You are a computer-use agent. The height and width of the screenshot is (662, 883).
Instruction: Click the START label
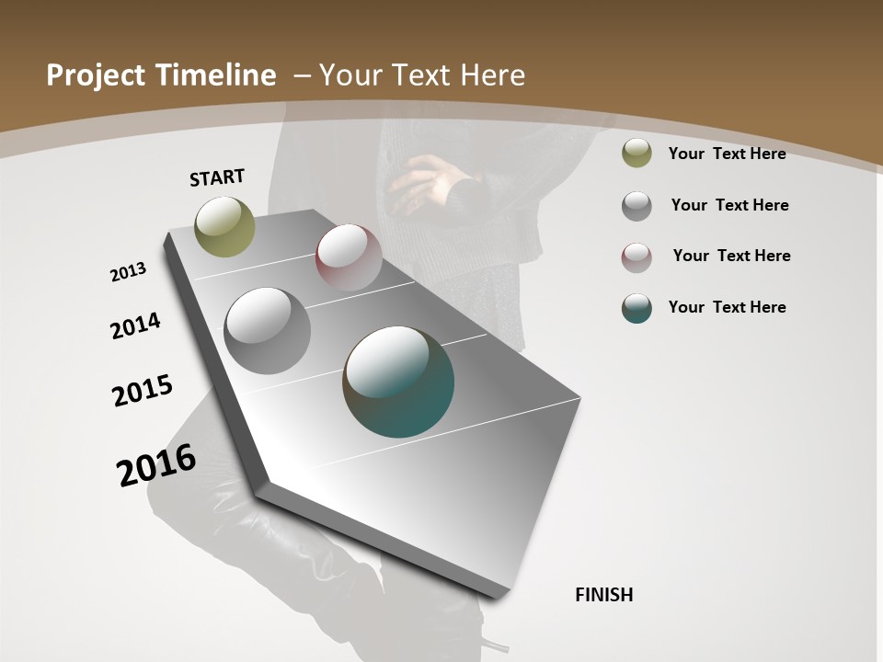click(217, 177)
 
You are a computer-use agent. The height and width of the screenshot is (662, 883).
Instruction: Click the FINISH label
click(604, 595)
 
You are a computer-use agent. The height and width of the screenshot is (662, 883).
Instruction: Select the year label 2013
click(128, 272)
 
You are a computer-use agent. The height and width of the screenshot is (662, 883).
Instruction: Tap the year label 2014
click(135, 325)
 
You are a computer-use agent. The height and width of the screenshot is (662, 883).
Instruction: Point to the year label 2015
click(143, 391)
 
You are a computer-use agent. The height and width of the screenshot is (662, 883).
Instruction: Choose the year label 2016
click(156, 465)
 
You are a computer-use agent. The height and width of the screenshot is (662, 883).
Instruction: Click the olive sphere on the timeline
click(224, 226)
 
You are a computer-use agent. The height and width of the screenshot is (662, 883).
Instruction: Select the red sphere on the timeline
click(349, 257)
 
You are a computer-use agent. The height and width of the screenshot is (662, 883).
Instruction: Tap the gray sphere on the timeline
click(267, 331)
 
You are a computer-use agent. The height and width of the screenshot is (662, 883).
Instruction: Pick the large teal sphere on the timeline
click(398, 382)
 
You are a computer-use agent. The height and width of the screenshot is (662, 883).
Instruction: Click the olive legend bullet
click(636, 154)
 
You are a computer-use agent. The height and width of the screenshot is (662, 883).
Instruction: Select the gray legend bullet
click(636, 206)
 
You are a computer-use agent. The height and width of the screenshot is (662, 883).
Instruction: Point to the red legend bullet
click(636, 257)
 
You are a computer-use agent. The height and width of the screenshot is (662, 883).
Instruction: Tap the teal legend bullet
click(636, 308)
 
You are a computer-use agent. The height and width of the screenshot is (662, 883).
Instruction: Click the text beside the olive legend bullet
click(727, 154)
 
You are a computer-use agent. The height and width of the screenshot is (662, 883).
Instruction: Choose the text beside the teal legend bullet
click(727, 307)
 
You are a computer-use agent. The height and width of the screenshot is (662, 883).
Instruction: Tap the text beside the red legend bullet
click(731, 256)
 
